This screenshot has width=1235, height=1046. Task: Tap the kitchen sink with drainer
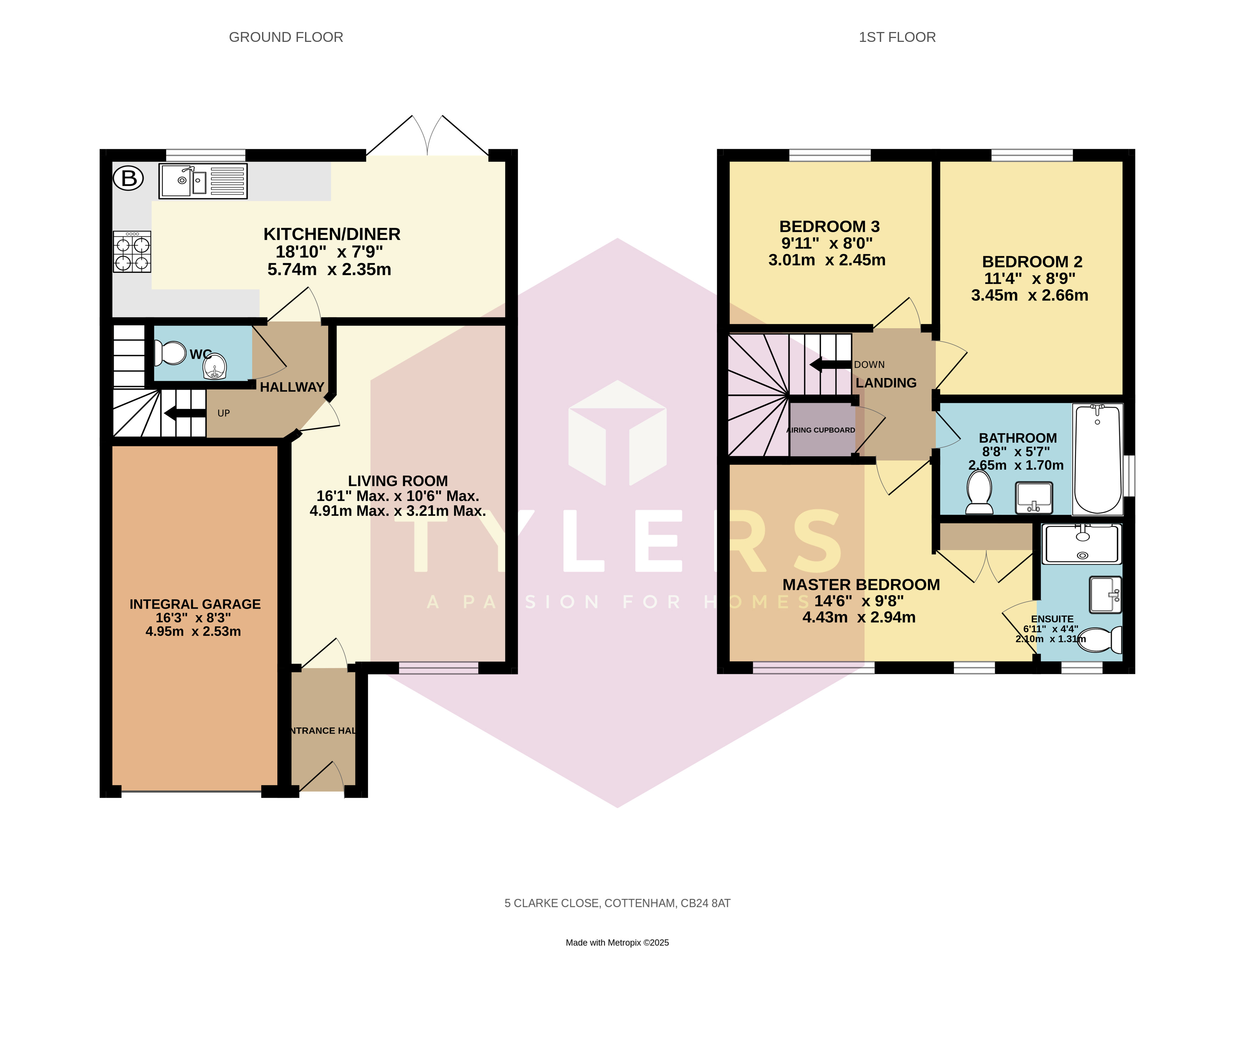[203, 181]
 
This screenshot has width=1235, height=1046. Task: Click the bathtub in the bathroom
[1097, 460]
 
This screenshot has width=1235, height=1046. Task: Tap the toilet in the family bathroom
[979, 492]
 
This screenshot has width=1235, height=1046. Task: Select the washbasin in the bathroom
[1034, 497]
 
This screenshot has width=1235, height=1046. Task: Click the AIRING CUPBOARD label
[821, 430]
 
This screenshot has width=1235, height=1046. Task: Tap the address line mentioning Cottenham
[617, 903]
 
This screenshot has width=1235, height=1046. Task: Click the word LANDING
[886, 383]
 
